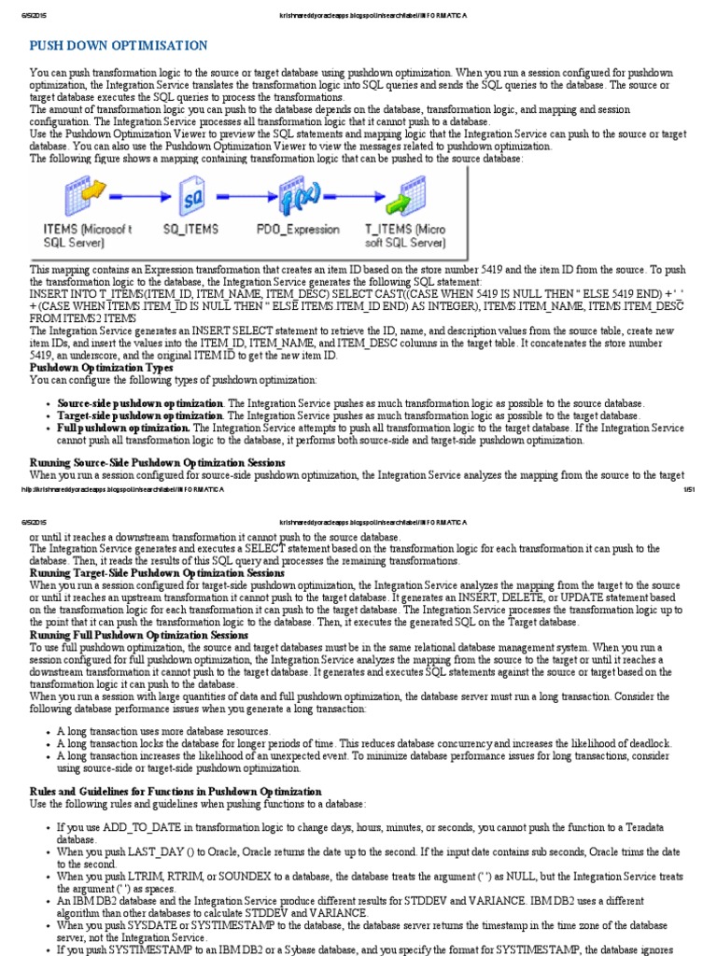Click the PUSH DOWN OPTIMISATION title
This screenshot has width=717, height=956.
pyautogui.click(x=119, y=45)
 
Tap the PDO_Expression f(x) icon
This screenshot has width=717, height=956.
pyautogui.click(x=300, y=199)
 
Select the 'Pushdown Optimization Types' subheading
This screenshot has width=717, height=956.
pyautogui.click(x=102, y=368)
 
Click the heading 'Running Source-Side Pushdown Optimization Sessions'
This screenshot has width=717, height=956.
pyautogui.click(x=157, y=462)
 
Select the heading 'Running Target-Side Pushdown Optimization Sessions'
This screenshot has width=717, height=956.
pyautogui.click(x=157, y=572)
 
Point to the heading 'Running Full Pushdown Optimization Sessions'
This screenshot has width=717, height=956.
pyautogui.click(x=139, y=635)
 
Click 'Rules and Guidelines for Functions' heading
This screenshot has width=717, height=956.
pyautogui.click(x=176, y=791)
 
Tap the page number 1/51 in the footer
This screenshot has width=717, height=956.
pyautogui.click(x=689, y=488)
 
